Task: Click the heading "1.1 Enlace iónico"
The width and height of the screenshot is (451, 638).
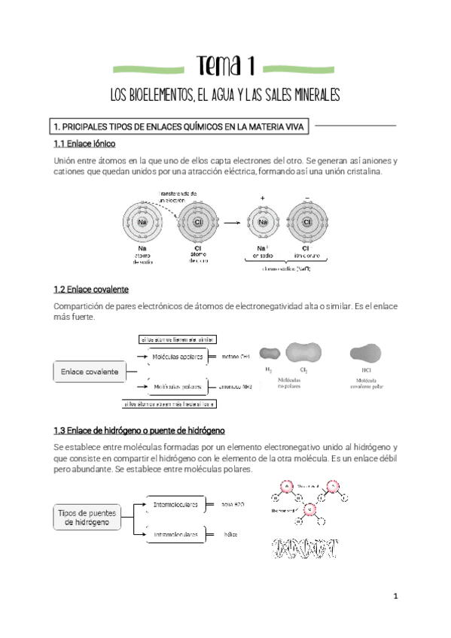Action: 84,143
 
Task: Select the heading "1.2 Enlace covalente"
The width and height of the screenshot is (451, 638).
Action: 91,289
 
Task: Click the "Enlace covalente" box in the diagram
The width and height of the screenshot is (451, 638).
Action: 90,372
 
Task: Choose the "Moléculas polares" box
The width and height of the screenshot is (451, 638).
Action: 178,387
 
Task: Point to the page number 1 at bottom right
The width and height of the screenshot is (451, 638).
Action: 395,597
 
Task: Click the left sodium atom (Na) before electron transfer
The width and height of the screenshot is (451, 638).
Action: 142,223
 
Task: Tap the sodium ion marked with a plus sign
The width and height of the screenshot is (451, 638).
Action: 263,223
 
